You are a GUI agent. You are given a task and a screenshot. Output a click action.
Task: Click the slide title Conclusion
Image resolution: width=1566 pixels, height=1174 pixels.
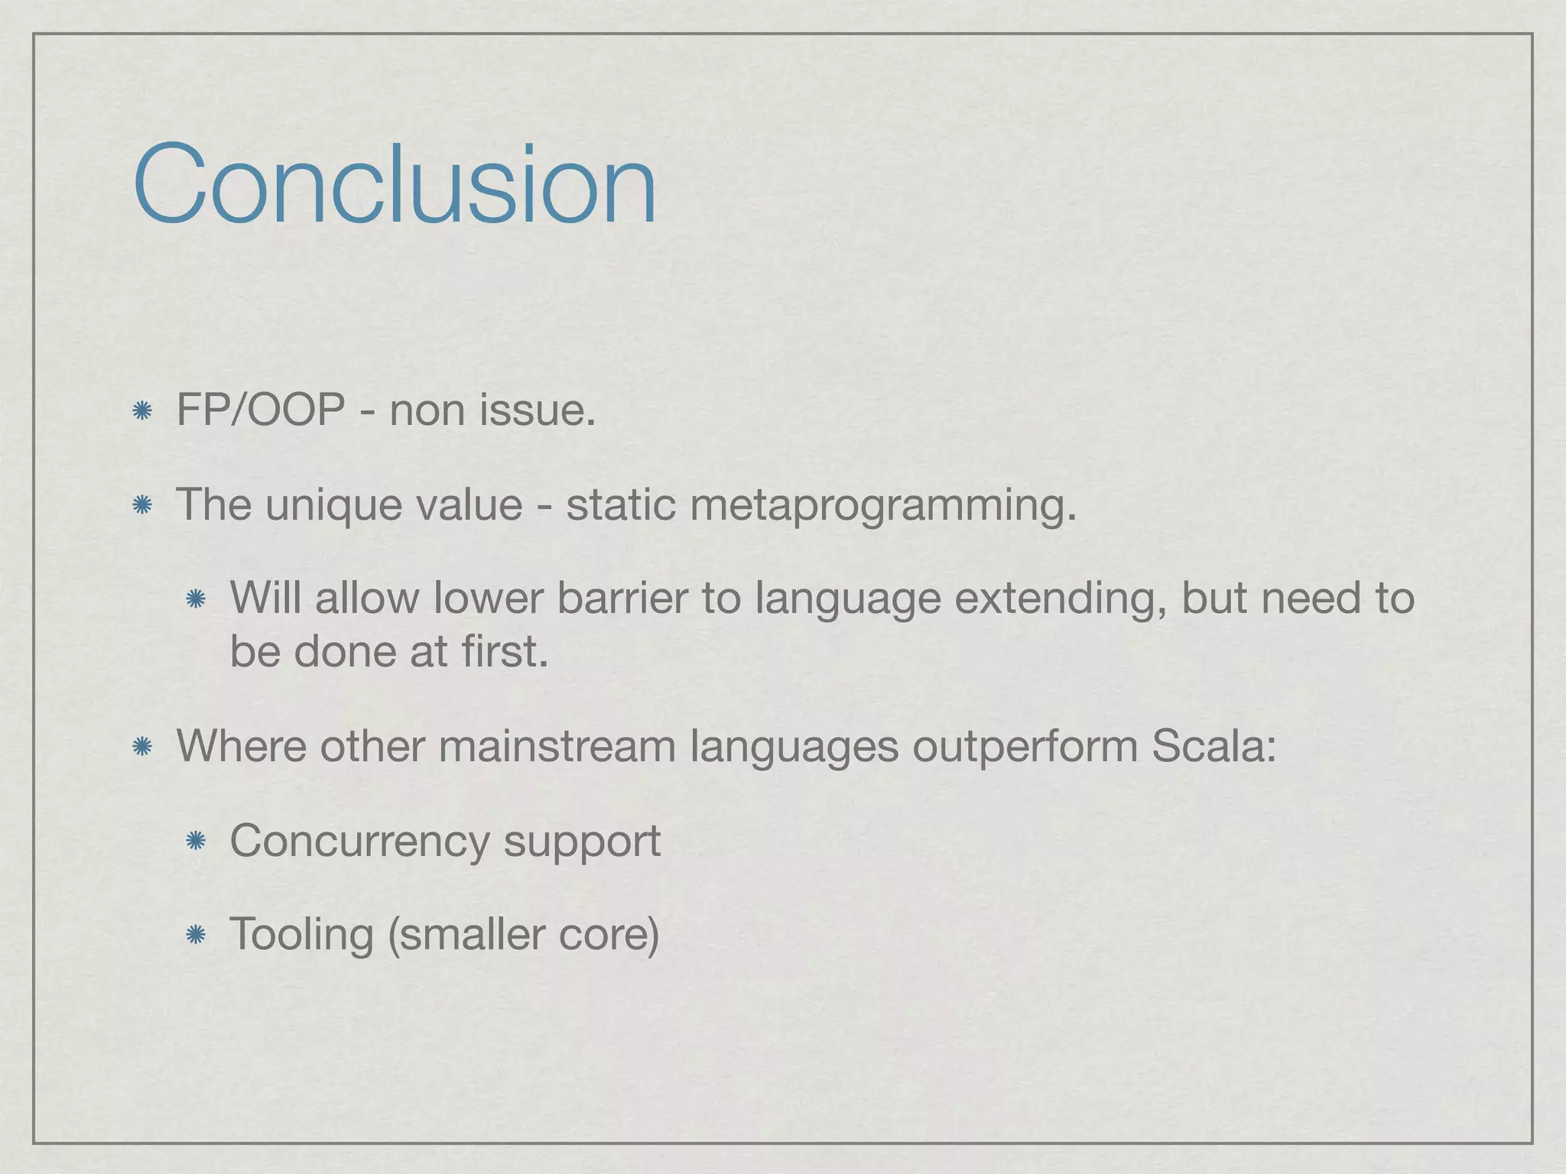tap(395, 185)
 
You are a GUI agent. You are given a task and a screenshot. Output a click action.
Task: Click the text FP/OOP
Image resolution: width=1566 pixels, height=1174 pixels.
tap(260, 410)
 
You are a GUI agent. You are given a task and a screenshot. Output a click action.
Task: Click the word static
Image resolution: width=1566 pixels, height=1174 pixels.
tap(620, 504)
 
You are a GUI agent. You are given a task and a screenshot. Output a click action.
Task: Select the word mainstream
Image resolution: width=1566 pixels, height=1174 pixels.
tap(557, 746)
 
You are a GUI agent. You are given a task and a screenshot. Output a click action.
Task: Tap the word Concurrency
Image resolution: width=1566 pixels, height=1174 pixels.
tap(359, 842)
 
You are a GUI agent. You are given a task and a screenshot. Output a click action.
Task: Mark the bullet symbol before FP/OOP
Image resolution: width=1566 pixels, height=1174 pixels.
tap(141, 412)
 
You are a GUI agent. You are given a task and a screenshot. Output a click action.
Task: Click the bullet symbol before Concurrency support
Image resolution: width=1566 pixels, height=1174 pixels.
tap(196, 842)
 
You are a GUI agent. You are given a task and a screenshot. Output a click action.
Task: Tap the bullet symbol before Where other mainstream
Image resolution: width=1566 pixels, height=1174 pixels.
tap(141, 747)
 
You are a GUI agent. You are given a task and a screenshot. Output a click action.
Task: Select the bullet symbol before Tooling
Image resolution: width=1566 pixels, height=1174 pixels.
tap(196, 935)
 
